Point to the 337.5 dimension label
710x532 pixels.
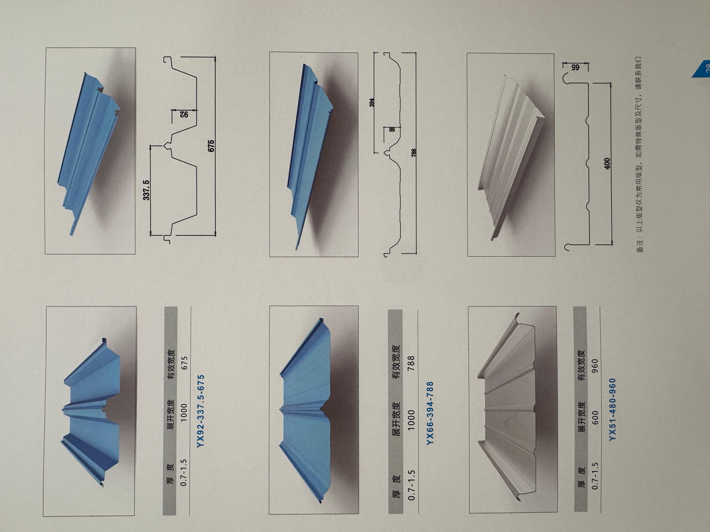(x=146, y=190)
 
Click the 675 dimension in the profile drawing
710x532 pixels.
(x=211, y=146)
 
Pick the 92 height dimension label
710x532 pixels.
(x=184, y=114)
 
